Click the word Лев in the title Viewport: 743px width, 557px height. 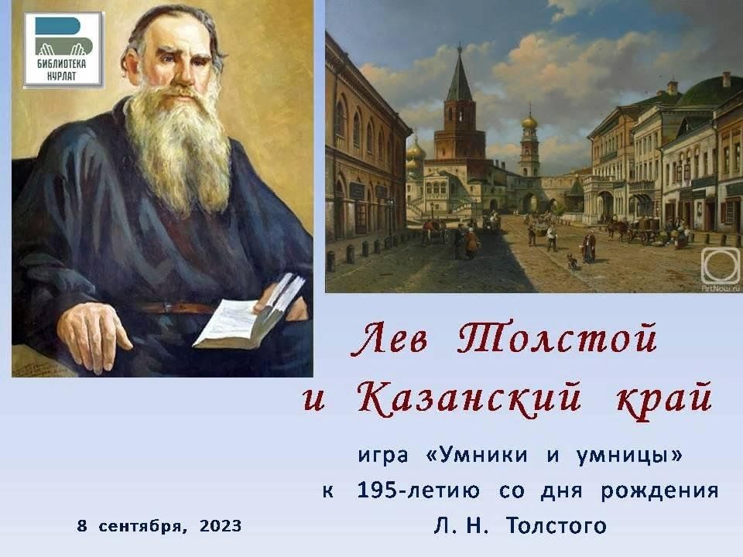point(389,338)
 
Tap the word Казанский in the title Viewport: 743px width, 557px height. point(469,398)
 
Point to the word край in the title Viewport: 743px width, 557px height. point(664,400)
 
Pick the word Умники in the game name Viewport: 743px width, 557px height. point(483,455)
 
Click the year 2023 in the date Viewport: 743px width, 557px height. point(221,526)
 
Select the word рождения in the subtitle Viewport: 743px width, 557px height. point(659,491)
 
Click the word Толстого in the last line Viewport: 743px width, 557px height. point(556,526)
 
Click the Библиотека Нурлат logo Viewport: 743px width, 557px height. point(63,50)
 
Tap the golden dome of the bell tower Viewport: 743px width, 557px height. point(529,121)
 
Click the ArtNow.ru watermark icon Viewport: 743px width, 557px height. point(720,265)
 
